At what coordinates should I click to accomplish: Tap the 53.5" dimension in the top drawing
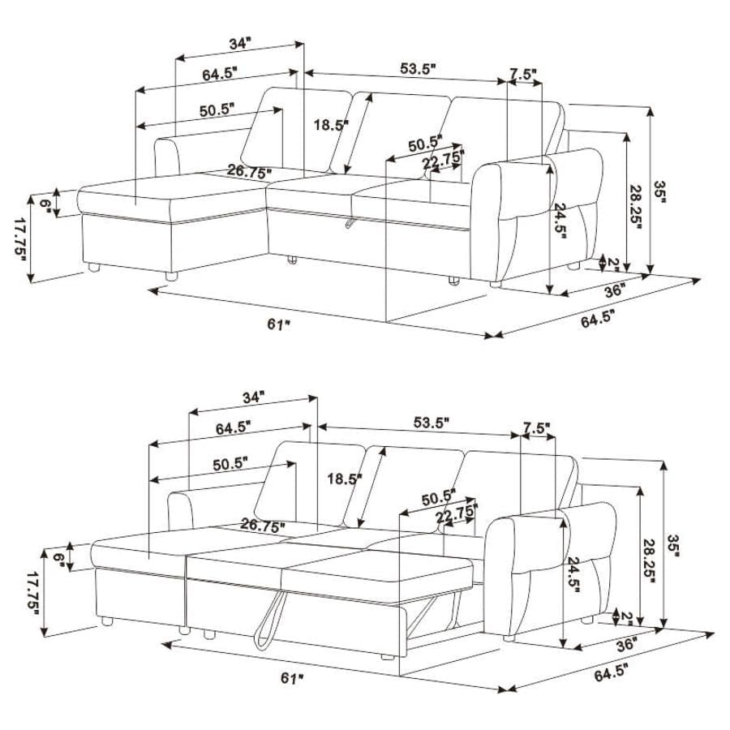click(x=419, y=68)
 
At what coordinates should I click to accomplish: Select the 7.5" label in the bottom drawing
click(x=537, y=427)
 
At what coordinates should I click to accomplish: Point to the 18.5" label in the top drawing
click(x=331, y=125)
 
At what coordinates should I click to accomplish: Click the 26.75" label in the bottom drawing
click(x=261, y=526)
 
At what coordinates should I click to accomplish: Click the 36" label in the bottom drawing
click(x=625, y=644)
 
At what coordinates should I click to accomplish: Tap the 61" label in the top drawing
click(x=278, y=324)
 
